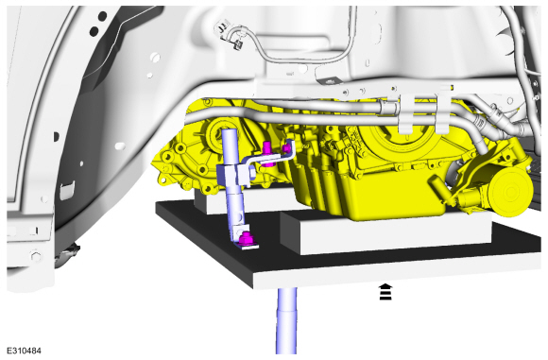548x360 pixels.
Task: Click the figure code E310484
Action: click(24, 351)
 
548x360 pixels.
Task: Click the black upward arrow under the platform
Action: click(385, 291)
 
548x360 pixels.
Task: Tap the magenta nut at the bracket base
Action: click(246, 238)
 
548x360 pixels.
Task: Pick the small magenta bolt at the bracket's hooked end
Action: click(286, 148)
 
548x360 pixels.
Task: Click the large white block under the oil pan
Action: click(395, 232)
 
